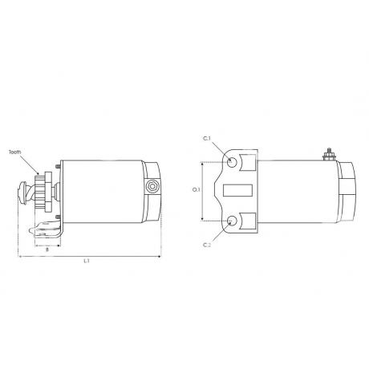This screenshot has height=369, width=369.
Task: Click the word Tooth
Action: pos(15,152)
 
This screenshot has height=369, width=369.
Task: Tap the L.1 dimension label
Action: pos(87,261)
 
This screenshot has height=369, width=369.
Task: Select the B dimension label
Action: pos(47,249)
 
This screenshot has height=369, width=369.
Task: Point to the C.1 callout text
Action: pos(207,139)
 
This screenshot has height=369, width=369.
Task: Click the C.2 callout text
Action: pos(207,245)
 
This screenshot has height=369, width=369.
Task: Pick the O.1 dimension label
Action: pos(197,190)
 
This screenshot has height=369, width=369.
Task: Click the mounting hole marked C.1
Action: pos(232,162)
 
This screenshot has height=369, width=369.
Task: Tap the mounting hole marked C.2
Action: pos(232,221)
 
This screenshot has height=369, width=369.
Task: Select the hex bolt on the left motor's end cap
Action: pos(152,186)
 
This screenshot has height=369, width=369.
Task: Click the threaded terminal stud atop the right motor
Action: pos(329,154)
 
